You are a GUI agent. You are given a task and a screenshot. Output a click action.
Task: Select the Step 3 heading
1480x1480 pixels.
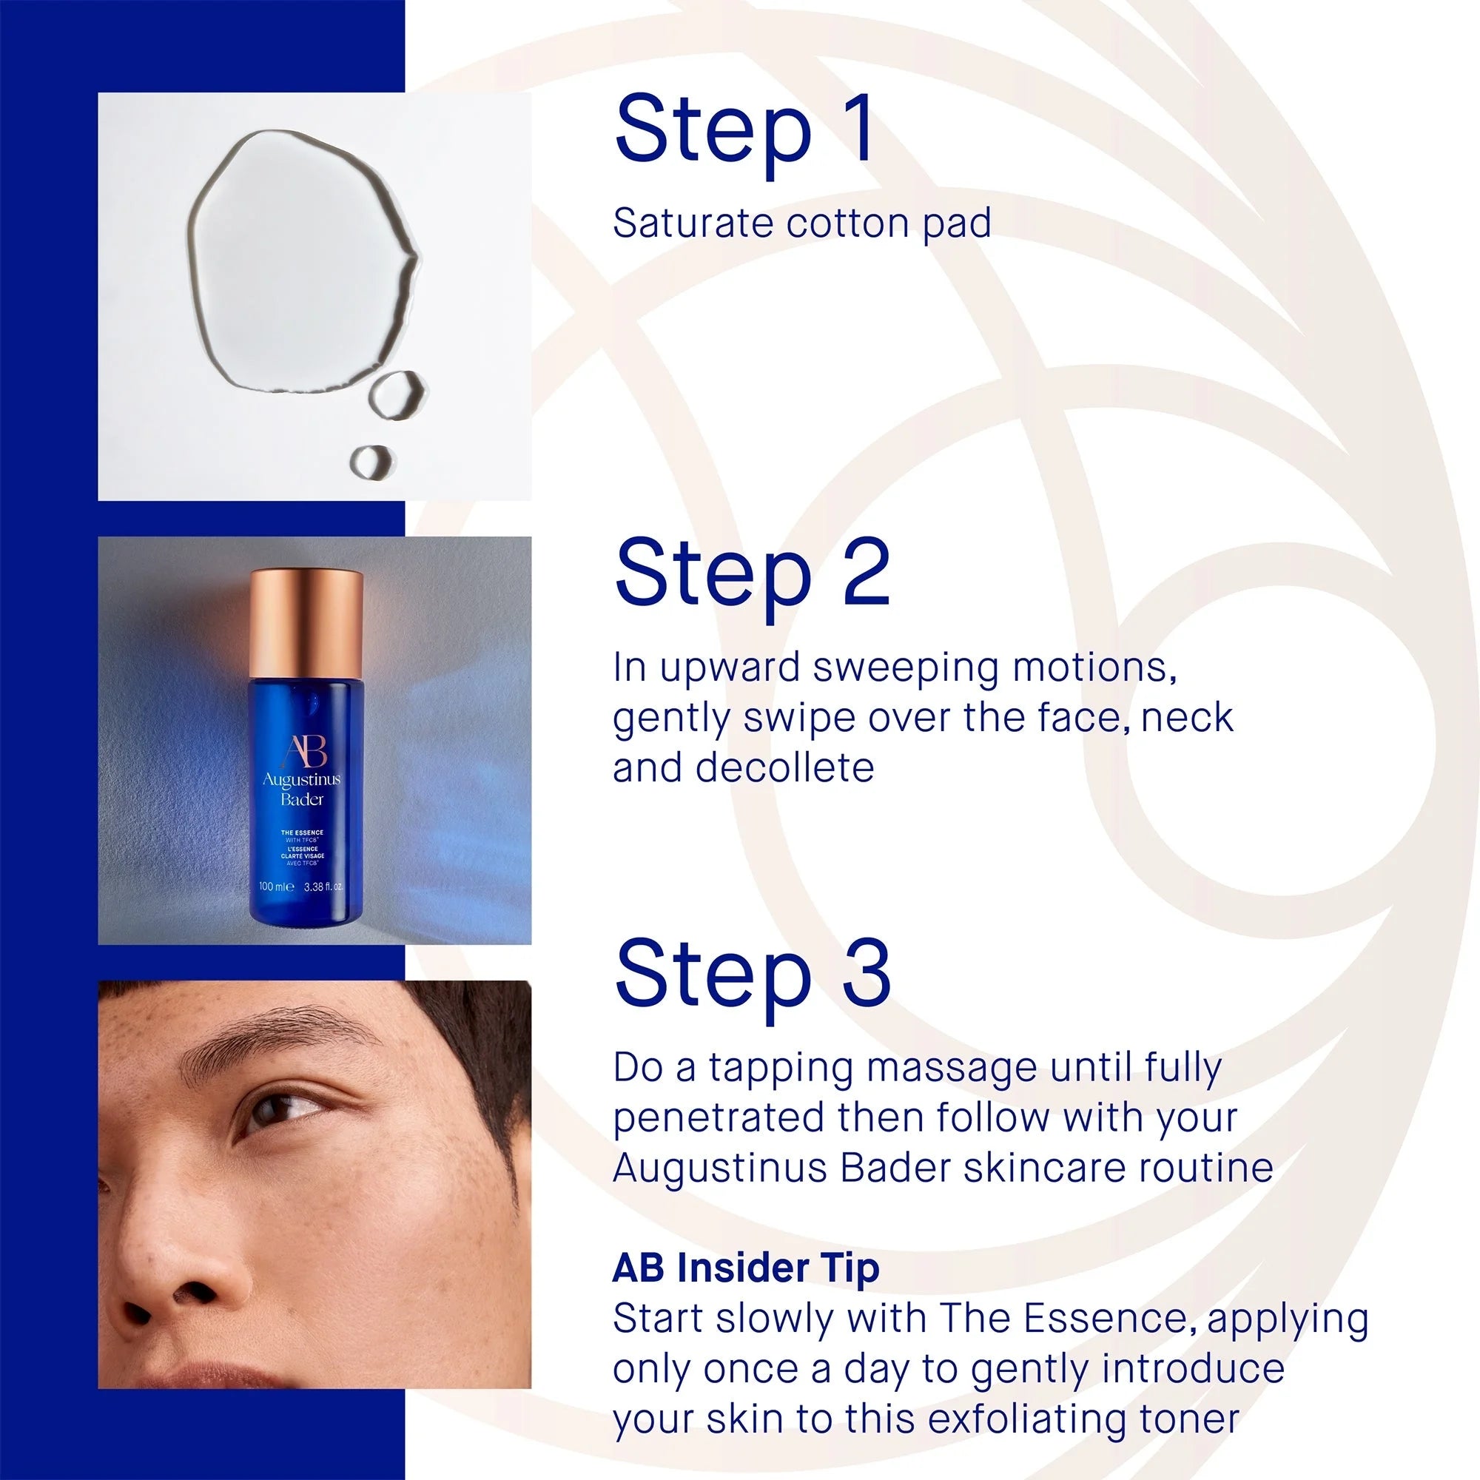click(753, 980)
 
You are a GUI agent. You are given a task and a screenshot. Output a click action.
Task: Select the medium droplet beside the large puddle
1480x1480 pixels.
click(397, 394)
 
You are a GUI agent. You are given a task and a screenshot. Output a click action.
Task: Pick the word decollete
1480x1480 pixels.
click(785, 768)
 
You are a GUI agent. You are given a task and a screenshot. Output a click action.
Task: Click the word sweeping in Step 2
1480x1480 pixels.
click(905, 670)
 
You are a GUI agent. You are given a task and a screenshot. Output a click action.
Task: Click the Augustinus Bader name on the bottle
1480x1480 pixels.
click(302, 790)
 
